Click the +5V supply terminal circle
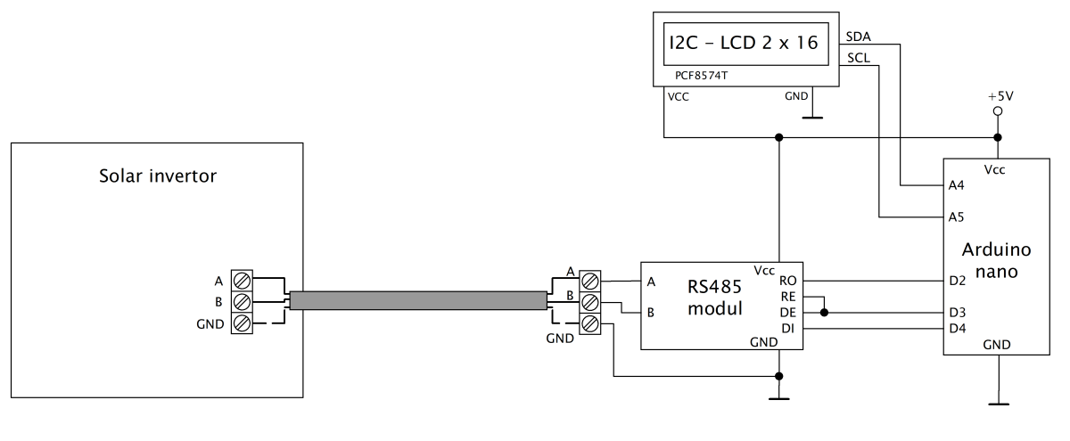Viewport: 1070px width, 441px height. click(x=998, y=111)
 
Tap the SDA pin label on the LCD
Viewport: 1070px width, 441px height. click(x=858, y=37)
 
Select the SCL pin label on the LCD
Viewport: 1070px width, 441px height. click(x=859, y=58)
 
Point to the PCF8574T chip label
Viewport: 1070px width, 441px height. click(x=701, y=76)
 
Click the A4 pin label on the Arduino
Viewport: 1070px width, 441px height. click(x=956, y=185)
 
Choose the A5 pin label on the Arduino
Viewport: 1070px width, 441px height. click(x=956, y=217)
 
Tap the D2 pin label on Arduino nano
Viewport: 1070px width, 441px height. click(x=958, y=281)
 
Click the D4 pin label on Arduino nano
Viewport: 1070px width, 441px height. click(x=958, y=329)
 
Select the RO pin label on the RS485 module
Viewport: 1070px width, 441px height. click(x=788, y=281)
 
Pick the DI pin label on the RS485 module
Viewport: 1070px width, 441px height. click(x=788, y=329)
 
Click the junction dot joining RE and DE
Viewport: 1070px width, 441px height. click(x=824, y=313)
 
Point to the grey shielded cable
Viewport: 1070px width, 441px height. click(x=418, y=301)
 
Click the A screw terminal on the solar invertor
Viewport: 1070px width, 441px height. click(x=242, y=281)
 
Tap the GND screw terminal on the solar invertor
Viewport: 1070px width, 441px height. click(x=242, y=323)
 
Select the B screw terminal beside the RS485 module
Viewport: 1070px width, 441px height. click(x=590, y=303)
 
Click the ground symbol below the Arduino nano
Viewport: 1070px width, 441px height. click(x=999, y=404)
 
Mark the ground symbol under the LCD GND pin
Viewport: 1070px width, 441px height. click(x=812, y=117)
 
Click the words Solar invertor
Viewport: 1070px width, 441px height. click(x=158, y=176)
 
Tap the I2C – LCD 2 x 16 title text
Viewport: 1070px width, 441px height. click(x=744, y=43)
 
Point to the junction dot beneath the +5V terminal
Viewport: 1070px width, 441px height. click(x=998, y=137)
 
